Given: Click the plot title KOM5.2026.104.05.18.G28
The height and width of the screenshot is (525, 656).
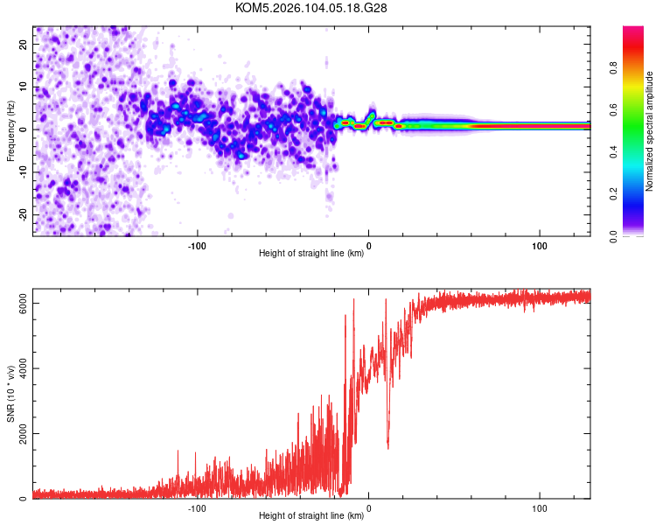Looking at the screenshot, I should click(311, 8).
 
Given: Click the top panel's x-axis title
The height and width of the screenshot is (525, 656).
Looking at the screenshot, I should click(311, 253).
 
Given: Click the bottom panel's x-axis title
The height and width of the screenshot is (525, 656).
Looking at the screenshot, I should click(311, 515).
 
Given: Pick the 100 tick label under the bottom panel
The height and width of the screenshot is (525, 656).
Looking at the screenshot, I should click(540, 507).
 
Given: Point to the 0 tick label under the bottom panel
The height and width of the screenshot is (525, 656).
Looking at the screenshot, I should click(368, 507).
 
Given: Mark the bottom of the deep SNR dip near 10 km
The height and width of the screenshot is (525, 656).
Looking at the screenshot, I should click(387, 447).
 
